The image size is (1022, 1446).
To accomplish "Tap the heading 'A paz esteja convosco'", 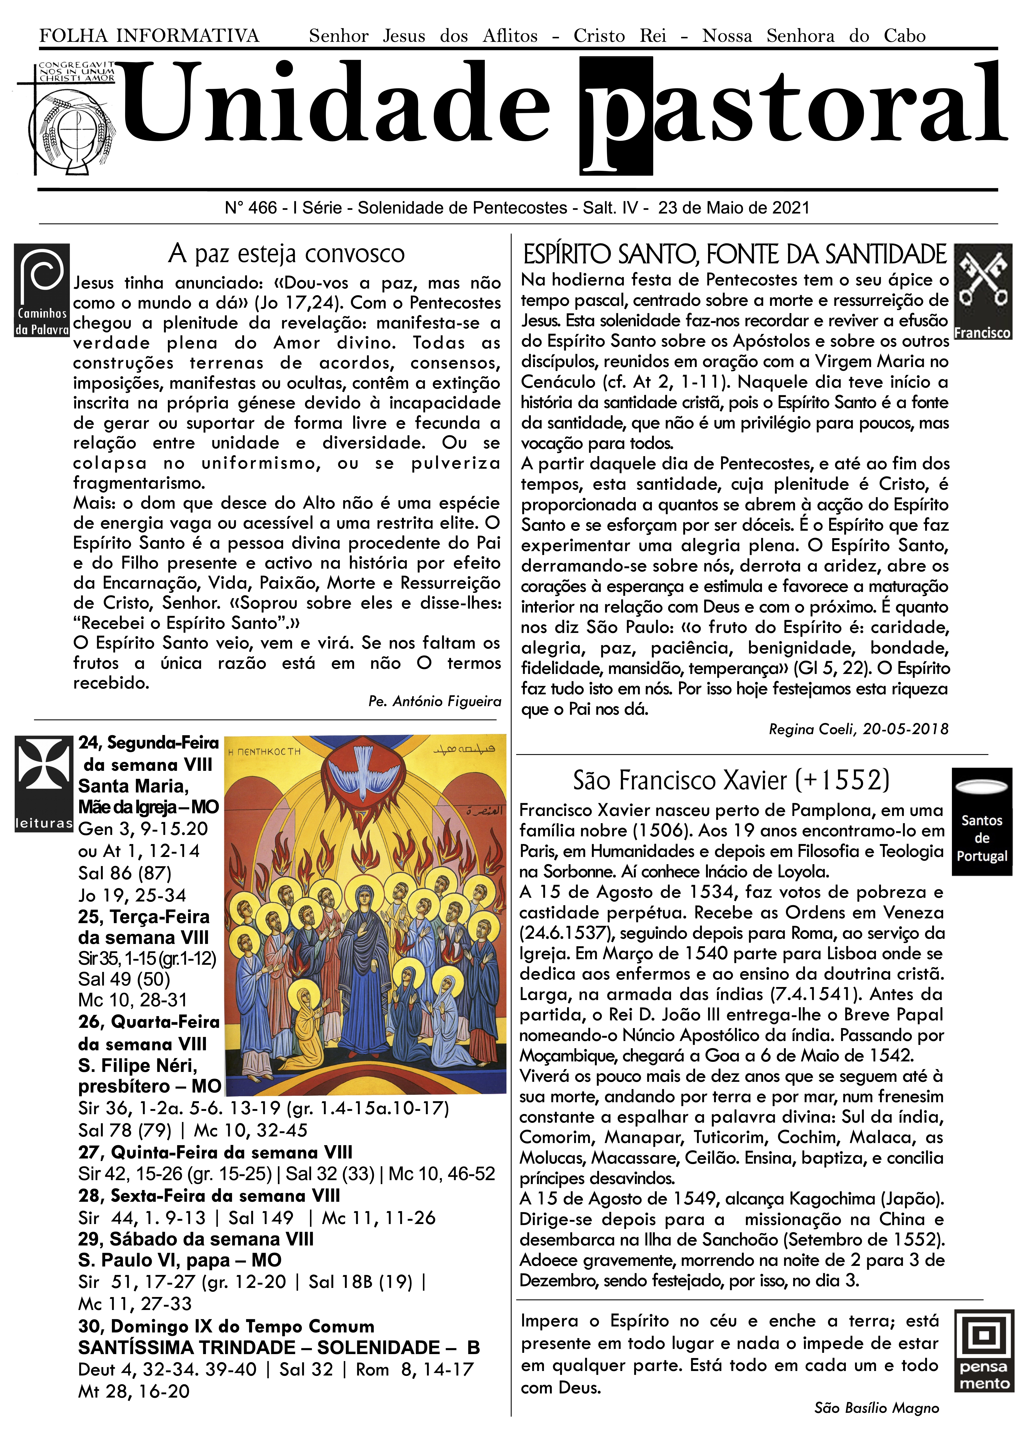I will (x=287, y=253).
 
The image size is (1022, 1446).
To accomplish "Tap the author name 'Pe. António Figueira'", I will (x=435, y=702).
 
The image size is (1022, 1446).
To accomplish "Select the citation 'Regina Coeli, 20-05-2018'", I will (x=858, y=729).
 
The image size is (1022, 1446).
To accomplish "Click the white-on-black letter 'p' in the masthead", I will (x=615, y=116).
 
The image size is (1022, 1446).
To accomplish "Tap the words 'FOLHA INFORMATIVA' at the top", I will (x=149, y=36).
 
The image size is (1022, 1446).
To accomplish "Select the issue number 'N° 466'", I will (x=251, y=208).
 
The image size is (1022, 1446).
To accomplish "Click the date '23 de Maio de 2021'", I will (x=734, y=208).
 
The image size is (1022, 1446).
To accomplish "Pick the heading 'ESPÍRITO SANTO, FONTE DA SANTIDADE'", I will (x=734, y=255).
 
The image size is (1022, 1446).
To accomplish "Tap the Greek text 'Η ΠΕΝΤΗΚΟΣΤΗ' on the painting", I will (x=264, y=751).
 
